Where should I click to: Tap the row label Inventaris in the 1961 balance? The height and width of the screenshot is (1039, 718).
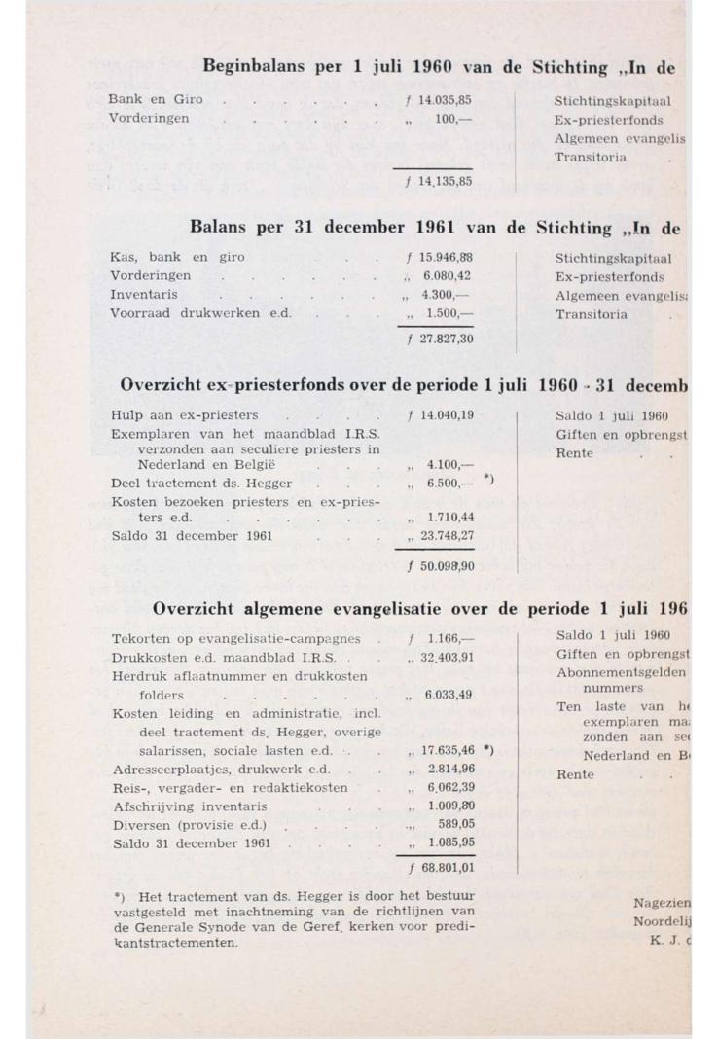[x=144, y=294]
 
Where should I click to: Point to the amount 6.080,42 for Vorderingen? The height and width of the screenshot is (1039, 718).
[x=448, y=275]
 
